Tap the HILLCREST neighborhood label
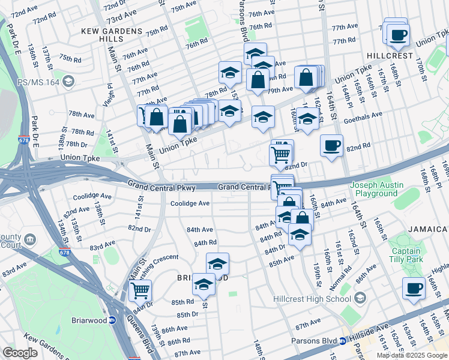click(x=394, y=55)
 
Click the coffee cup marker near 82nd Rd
click(x=331, y=145)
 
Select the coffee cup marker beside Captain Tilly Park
click(x=413, y=288)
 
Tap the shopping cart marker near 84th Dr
click(x=140, y=290)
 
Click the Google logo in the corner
click(x=20, y=353)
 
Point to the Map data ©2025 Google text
click(x=412, y=355)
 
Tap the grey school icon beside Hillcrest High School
click(x=360, y=298)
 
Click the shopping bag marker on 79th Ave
click(x=258, y=80)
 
